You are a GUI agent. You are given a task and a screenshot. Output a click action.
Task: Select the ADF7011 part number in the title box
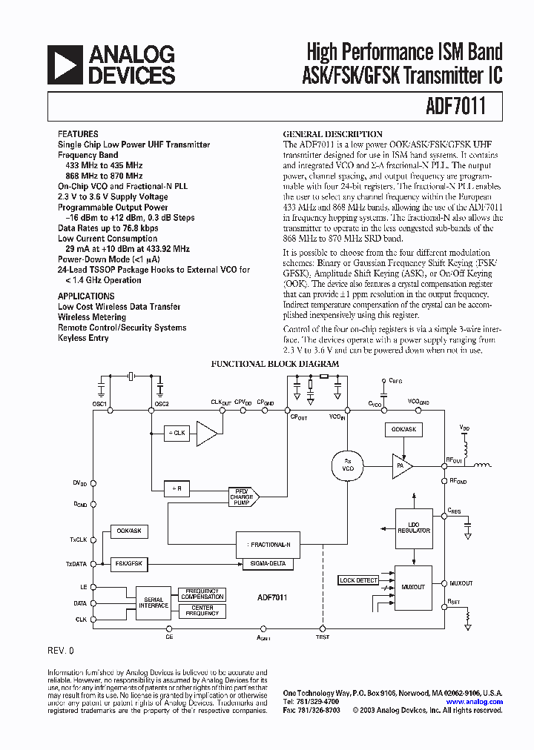457,106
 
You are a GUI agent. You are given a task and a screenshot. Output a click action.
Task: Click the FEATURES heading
78,135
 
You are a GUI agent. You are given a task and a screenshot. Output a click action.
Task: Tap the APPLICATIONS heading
86,296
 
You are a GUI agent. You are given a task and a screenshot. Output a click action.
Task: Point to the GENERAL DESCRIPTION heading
323,134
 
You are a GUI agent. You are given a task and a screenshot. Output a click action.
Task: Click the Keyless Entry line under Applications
83,338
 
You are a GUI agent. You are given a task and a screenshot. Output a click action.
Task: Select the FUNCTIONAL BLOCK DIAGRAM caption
275,364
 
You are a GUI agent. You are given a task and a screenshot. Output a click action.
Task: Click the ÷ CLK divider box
178,433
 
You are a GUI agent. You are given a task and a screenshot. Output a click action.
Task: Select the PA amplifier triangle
401,465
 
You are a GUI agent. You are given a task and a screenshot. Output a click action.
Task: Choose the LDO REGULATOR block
413,527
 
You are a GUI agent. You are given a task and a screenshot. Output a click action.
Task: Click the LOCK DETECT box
358,580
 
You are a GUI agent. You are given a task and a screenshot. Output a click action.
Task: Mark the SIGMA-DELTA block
268,564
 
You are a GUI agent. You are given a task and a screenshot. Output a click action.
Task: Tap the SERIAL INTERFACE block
154,603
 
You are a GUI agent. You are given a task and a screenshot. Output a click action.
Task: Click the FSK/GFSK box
129,564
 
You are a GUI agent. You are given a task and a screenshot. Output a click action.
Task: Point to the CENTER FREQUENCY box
202,611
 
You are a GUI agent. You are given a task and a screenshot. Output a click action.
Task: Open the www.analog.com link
475,701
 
